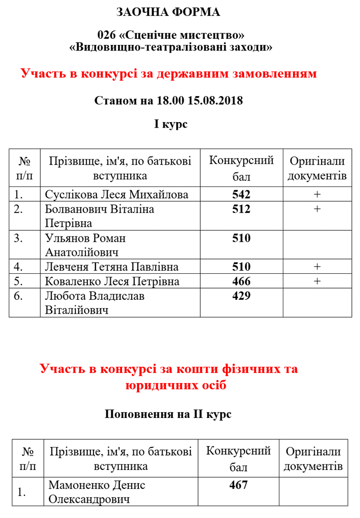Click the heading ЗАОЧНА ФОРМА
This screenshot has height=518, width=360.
click(x=169, y=12)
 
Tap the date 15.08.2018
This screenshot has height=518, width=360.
click(x=215, y=100)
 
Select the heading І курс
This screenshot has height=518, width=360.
click(x=171, y=124)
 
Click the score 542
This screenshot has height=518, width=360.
click(x=241, y=195)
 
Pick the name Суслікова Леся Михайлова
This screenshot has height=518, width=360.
click(x=116, y=195)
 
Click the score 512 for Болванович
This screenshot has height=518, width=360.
click(x=241, y=209)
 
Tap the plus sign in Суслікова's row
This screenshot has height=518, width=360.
click(x=317, y=195)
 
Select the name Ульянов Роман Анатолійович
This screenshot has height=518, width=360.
click(x=86, y=245)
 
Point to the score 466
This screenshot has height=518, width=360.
click(x=241, y=281)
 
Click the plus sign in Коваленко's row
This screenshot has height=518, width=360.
click(x=317, y=281)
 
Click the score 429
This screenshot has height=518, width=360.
click(x=241, y=296)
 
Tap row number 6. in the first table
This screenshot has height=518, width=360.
click(x=19, y=296)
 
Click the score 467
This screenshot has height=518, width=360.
click(x=238, y=485)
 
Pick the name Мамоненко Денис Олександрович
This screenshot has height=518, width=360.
click(x=98, y=491)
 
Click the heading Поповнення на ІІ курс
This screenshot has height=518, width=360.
click(x=168, y=414)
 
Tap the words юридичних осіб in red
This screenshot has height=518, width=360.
click(x=175, y=385)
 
